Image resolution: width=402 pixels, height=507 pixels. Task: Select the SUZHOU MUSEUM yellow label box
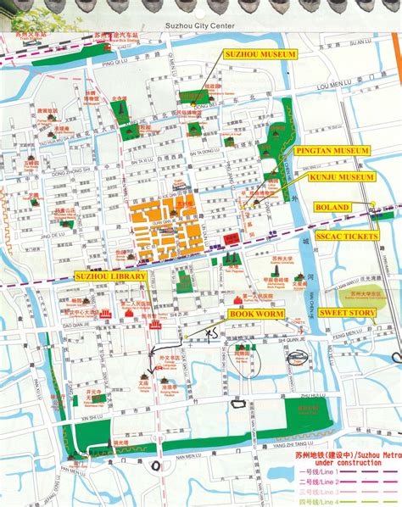[260, 54]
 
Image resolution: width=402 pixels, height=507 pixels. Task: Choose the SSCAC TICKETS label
[347, 237]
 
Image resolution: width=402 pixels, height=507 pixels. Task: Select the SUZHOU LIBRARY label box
[110, 276]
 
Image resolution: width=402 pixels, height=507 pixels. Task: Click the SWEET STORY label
[348, 312]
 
